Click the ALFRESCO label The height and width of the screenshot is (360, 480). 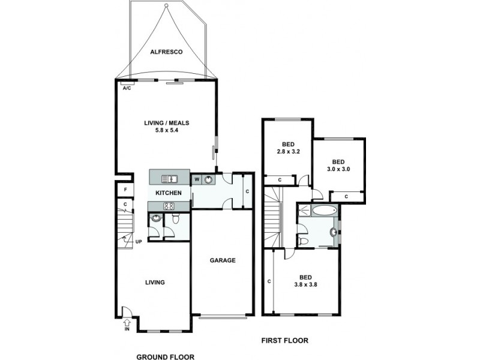pos(166,52)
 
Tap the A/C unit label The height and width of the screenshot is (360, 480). pos(127,88)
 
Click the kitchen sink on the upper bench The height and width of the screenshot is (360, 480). pos(170,178)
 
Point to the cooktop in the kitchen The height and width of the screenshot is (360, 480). pos(169,206)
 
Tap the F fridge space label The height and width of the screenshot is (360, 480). pos(125,190)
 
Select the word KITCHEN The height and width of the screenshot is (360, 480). pos(169,193)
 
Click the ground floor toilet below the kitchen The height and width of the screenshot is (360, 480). pos(175,220)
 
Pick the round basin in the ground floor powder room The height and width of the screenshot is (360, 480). pos(155,219)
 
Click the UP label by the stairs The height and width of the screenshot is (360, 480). pos(138,242)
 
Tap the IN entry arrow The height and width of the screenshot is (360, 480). pos(127,325)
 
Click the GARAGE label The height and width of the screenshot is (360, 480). pos(222,260)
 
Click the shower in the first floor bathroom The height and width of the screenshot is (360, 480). pos(304,210)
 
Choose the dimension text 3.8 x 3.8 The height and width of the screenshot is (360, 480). pos(305,285)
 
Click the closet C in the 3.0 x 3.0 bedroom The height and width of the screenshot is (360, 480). pos(346,196)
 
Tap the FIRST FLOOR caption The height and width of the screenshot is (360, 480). pos(284,341)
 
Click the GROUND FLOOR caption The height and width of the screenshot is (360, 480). pos(165,356)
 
